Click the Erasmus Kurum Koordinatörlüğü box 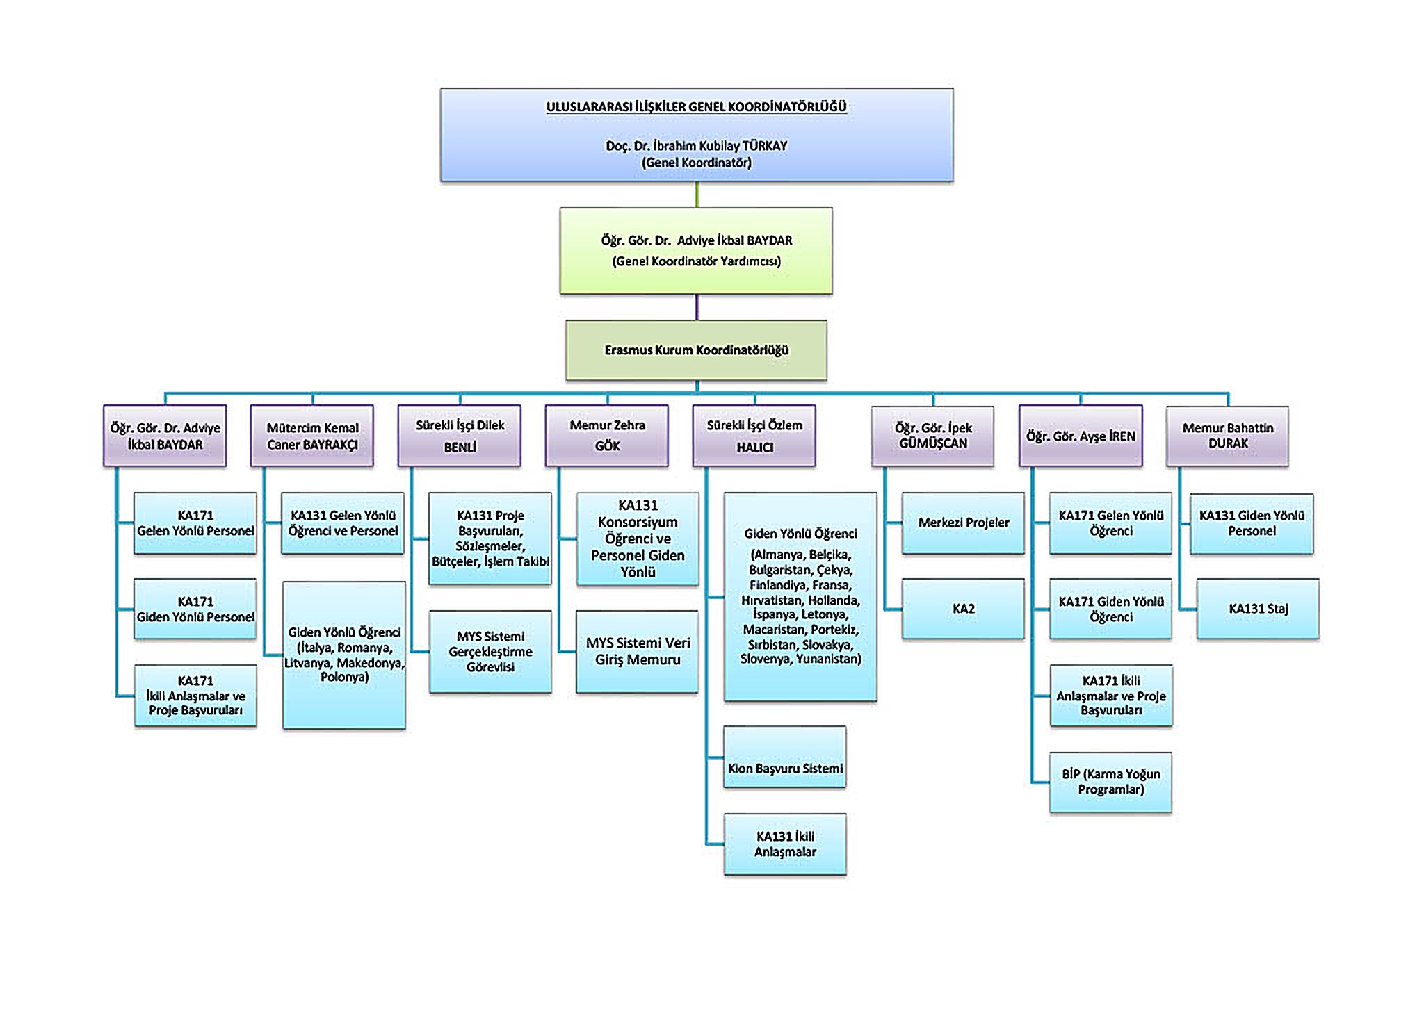[696, 350]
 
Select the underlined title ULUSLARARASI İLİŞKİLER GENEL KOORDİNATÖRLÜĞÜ [696, 107]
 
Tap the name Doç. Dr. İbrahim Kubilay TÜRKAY [696, 146]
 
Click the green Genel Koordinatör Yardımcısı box [696, 251]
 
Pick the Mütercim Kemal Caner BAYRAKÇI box [312, 436]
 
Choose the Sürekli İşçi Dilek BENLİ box [460, 436]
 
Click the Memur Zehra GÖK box [607, 436]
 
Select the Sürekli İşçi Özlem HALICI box [754, 436]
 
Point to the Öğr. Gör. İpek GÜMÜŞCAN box [932, 436]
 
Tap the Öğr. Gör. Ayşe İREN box [1081, 436]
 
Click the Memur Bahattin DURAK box [1228, 436]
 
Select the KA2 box [963, 609]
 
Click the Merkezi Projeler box [963, 523]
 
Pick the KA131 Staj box [1258, 609]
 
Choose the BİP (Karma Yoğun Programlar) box [1110, 782]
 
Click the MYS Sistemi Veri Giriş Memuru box [638, 652]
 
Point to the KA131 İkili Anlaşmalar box [785, 844]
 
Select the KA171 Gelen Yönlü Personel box [195, 523]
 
